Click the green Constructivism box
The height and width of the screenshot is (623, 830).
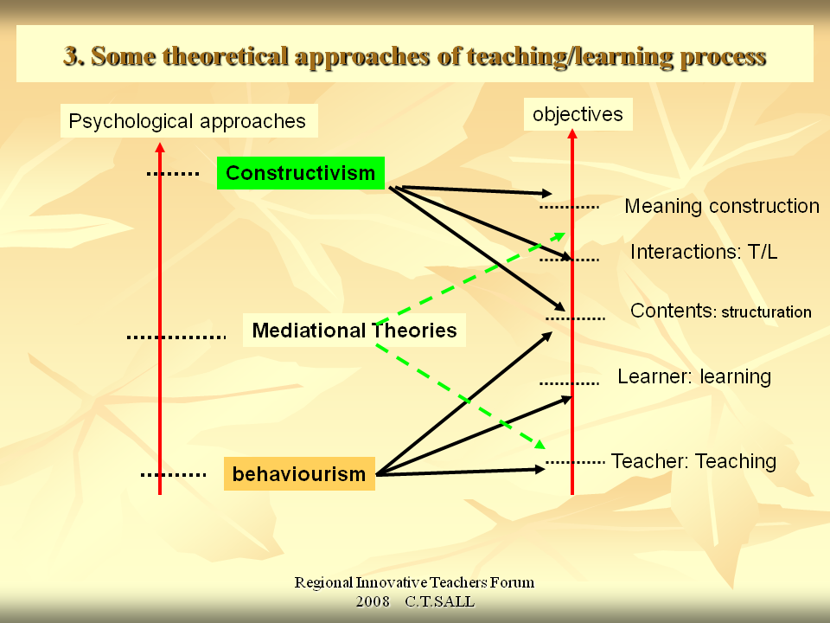(x=300, y=173)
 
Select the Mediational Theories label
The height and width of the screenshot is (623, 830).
(x=354, y=330)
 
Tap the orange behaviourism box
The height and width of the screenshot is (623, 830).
(x=299, y=474)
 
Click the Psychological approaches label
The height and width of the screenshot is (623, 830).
(x=188, y=121)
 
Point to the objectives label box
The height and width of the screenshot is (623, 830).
(x=578, y=114)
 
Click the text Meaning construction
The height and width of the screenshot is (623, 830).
(x=721, y=206)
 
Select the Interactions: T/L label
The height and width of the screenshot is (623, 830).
(x=704, y=252)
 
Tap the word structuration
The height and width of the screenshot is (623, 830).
(x=766, y=312)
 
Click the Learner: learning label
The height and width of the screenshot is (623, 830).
(x=693, y=376)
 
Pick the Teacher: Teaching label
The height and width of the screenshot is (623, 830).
(x=693, y=461)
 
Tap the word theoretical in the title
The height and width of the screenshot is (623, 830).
(x=227, y=56)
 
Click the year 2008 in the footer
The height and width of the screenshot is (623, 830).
(x=373, y=601)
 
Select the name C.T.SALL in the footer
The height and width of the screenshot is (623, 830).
(x=439, y=601)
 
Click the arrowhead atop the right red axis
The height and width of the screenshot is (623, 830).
(x=572, y=134)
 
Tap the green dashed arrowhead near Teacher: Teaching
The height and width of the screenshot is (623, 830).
(x=539, y=444)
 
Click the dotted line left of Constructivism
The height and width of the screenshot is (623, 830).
(x=172, y=174)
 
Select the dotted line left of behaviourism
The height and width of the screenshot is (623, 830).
(x=173, y=474)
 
